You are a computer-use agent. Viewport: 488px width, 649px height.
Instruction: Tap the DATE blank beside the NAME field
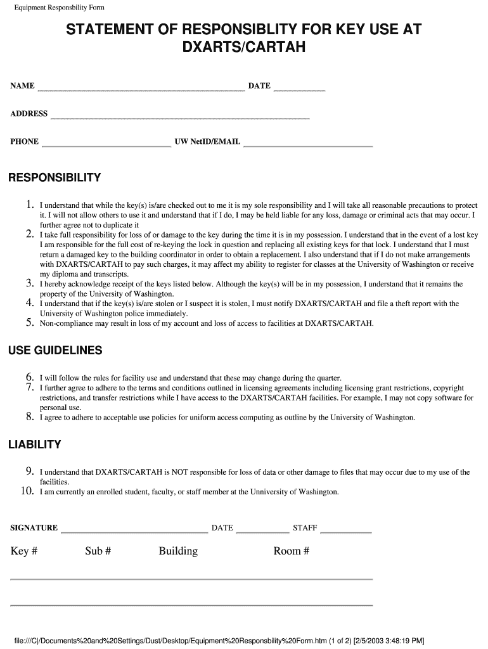point(299,90)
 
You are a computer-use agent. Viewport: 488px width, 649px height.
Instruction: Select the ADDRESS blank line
point(179,118)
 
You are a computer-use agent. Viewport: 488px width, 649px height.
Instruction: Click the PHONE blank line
point(106,146)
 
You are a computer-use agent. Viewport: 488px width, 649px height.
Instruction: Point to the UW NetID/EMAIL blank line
point(308,146)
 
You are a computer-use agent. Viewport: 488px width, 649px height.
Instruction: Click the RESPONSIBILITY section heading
point(55,178)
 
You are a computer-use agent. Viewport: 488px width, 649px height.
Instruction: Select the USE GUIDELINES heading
point(55,351)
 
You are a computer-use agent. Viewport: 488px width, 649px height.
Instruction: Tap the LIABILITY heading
point(35,445)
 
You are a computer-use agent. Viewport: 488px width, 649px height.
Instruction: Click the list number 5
point(29,323)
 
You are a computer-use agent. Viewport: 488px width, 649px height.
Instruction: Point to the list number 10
point(27,491)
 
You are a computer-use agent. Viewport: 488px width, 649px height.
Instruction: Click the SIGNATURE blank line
point(134,532)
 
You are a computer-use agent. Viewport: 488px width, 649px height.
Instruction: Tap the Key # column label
point(24,551)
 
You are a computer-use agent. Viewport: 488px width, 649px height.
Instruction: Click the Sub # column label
point(98,551)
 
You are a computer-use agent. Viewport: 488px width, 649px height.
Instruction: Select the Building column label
point(178,551)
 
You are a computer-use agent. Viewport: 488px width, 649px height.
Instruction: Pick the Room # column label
point(292,551)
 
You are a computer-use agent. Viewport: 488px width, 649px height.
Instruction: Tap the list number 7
point(29,387)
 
